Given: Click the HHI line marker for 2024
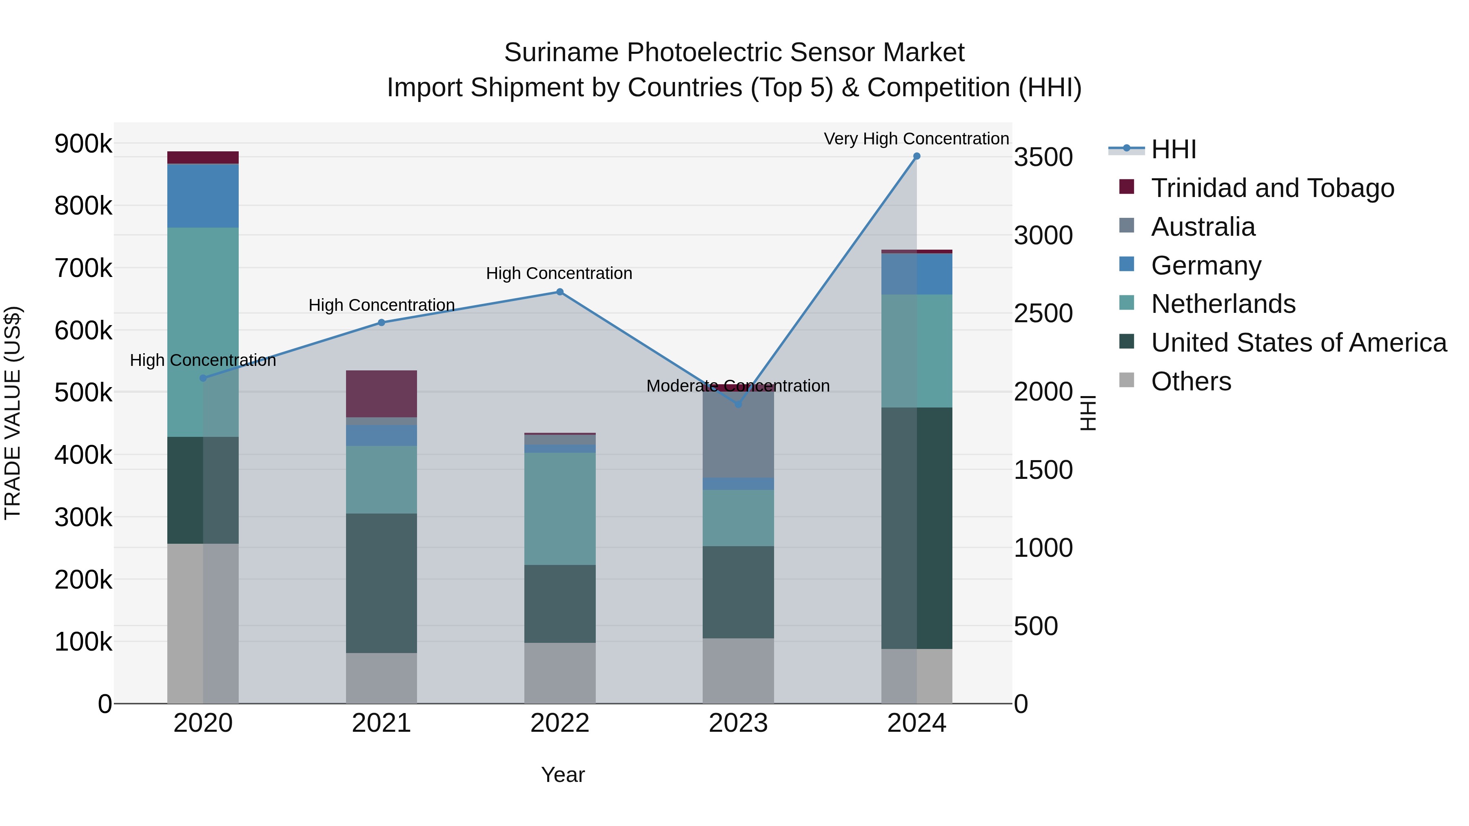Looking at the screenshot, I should coord(916,156).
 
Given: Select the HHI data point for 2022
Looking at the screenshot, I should coord(559,292).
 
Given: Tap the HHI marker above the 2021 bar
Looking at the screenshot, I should coord(382,323).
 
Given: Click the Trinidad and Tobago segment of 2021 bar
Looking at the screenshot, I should coord(382,394).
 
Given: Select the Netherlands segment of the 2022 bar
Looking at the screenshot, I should coord(559,509).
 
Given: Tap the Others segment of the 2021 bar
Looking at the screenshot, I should coord(382,678).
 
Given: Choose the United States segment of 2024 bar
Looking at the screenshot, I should coord(916,528).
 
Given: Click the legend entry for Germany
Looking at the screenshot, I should coord(1205,266).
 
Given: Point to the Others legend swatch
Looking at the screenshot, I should coord(1127,380).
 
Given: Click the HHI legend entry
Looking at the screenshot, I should coord(1173,149).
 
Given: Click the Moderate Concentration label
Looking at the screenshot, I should coord(737,386).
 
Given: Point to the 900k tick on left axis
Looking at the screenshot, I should coord(83,144).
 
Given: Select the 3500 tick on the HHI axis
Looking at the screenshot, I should coord(1043,157).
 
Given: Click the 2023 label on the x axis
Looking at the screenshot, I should coord(738,723).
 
